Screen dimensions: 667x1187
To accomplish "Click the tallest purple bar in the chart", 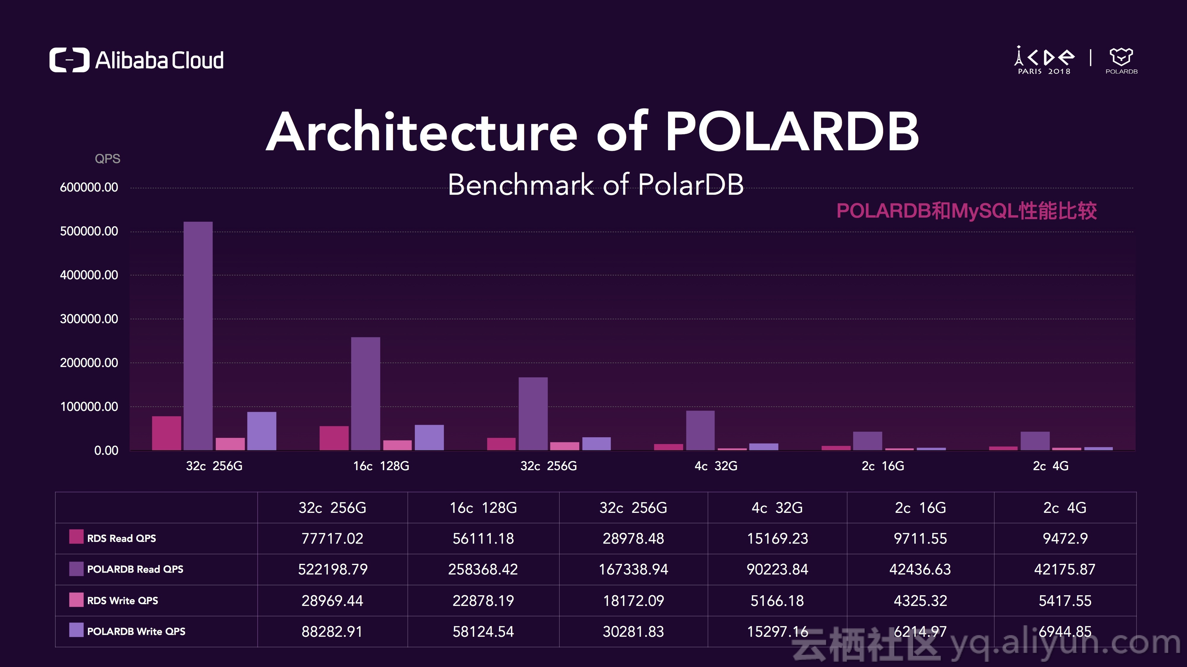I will (198, 336).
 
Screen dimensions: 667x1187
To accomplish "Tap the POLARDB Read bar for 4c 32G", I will (700, 431).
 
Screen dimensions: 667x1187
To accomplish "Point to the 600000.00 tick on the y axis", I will (89, 187).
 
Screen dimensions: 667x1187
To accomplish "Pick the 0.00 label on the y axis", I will (106, 451).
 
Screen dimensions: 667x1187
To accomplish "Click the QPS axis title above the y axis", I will (108, 159).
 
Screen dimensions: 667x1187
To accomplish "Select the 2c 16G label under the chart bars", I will (882, 466).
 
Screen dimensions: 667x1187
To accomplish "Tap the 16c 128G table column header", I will (483, 508).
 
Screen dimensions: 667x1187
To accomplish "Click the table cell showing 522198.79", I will (332, 569).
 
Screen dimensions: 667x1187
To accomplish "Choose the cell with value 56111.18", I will (483, 538).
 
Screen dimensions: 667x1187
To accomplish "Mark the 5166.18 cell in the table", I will (777, 601).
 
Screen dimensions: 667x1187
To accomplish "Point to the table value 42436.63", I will (920, 569).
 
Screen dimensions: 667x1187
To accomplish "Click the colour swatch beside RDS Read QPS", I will (76, 537).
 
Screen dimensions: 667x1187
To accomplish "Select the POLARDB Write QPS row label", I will (136, 632).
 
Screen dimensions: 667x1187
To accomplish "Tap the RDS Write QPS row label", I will (122, 601).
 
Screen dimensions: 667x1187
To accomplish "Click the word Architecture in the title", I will (422, 132).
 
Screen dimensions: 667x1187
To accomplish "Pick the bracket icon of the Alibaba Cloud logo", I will (69, 60).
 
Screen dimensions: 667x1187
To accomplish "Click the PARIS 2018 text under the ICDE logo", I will (1044, 71).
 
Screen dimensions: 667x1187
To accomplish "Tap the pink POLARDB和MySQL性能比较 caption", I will (966, 211).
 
